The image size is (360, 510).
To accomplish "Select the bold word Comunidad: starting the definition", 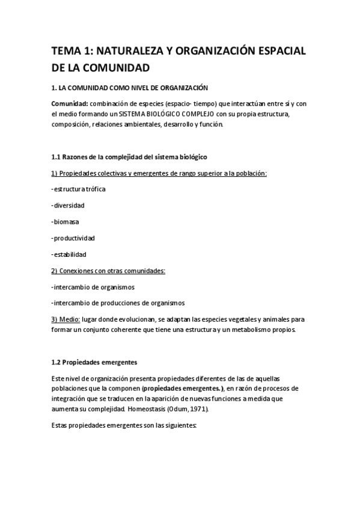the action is pos(71,103).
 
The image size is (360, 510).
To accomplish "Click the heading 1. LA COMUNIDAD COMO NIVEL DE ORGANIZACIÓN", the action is pos(133,87).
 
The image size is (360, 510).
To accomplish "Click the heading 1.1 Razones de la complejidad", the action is pos(129,157).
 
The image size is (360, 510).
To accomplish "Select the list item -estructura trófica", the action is pos(79,189).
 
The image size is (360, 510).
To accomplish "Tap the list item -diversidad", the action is pos(68,206).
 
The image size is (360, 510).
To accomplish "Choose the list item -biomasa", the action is pos(66,222).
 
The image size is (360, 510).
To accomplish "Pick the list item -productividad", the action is pos(73,238).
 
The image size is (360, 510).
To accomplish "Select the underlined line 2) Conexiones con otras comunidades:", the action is pos(108,271).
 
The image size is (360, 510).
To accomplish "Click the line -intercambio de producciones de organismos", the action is pos(118,303).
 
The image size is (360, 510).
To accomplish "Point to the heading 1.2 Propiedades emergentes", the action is pos(94,362).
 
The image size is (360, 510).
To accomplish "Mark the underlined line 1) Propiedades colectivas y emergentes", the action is pos(159,173).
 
